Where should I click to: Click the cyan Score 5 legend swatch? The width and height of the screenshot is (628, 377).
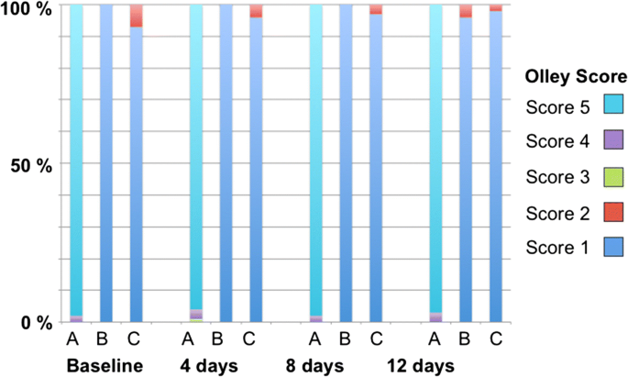tap(611, 107)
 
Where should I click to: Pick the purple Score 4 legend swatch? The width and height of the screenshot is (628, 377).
tap(611, 142)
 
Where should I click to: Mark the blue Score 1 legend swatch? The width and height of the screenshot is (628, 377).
tap(611, 247)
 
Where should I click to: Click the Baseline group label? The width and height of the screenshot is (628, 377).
tap(105, 366)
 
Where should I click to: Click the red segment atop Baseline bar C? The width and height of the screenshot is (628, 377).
tap(136, 16)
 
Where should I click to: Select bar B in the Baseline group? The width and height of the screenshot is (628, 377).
tap(105, 165)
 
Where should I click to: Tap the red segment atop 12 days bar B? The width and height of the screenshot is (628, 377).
tap(466, 11)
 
